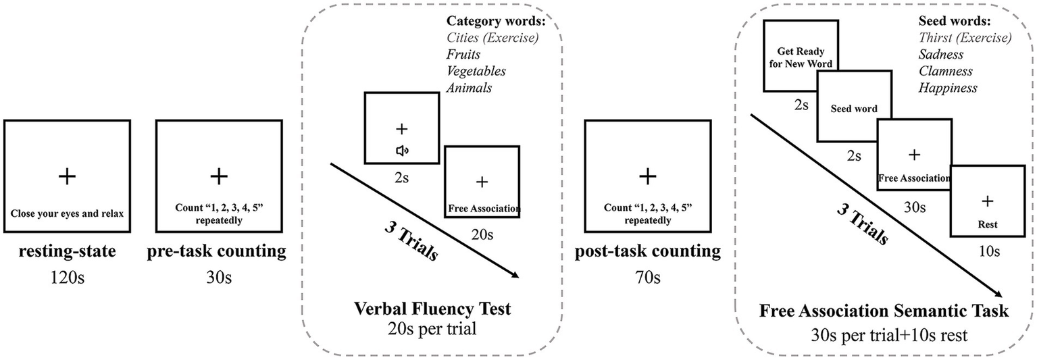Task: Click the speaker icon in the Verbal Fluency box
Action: (x=401, y=151)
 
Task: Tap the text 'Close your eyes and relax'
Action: (x=66, y=214)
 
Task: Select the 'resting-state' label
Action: (x=66, y=252)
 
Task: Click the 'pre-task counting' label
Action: (x=217, y=252)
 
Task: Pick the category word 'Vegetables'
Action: (x=476, y=71)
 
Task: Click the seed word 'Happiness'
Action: (x=946, y=88)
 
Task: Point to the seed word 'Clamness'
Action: (x=945, y=71)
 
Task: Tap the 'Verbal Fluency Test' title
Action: (x=432, y=309)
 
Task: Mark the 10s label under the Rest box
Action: (x=988, y=251)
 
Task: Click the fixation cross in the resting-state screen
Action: (x=66, y=177)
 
